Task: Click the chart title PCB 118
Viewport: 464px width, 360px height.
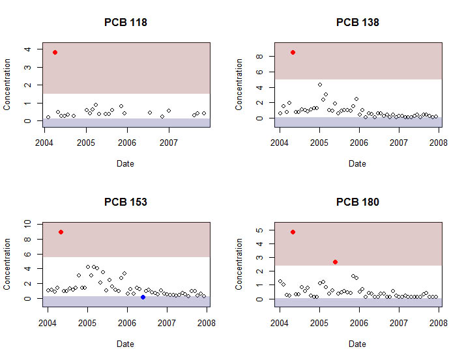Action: (x=126, y=22)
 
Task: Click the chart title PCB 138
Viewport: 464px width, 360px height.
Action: (x=357, y=22)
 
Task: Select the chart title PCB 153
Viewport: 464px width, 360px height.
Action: (x=126, y=202)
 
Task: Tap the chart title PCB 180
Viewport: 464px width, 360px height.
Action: (x=357, y=202)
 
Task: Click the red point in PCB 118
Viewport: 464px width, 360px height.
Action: (x=55, y=52)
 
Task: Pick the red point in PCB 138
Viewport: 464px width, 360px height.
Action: (x=293, y=52)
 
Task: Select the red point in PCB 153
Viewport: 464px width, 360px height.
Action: (x=61, y=232)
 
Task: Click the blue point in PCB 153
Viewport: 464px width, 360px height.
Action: (x=143, y=297)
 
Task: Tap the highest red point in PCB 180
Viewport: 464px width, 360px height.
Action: (x=293, y=232)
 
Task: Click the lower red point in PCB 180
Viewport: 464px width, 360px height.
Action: (x=335, y=262)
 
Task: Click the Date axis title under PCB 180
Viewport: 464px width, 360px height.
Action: (x=357, y=343)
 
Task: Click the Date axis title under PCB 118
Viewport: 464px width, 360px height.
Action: (x=126, y=163)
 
